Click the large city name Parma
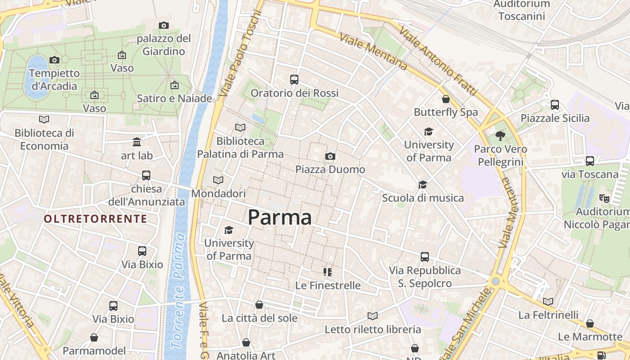coord(279,218)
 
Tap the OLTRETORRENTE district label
coord(95,219)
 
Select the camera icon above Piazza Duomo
coord(330,156)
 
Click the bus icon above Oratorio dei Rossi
coord(294,80)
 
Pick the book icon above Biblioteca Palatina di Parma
coord(240,128)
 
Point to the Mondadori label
coord(218,193)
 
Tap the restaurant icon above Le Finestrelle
coord(328,272)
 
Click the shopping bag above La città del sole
coord(259,305)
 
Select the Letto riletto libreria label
coord(373,329)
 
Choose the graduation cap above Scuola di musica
coord(423,184)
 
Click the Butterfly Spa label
coord(445,112)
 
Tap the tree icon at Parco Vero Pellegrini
coord(500,135)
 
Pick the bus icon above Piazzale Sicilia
coord(555,105)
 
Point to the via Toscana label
coord(589,174)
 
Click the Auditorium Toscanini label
coord(522,10)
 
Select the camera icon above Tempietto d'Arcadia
coord(54,60)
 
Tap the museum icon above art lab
coord(137,142)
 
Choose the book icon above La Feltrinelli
coord(548,301)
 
